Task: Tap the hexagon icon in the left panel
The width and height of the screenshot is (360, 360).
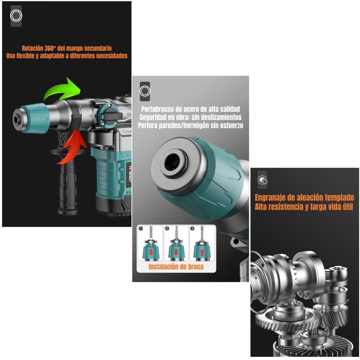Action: [x=16, y=16]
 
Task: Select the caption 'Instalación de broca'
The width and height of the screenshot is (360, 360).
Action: [x=176, y=267]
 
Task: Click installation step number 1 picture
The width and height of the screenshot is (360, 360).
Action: [x=150, y=243]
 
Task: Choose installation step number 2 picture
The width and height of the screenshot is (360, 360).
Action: [x=176, y=243]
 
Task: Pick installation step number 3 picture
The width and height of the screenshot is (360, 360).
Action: [x=202, y=243]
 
